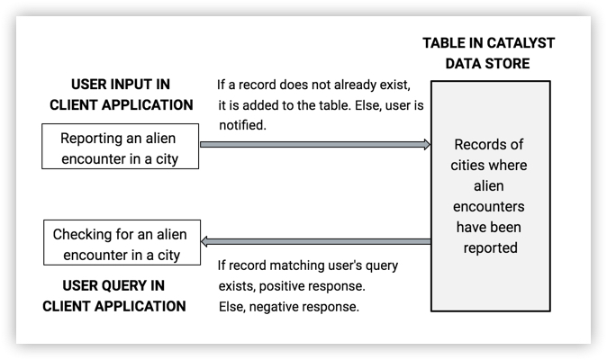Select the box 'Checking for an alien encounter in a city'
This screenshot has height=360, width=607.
(120, 244)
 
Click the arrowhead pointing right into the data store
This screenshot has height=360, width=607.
(425, 144)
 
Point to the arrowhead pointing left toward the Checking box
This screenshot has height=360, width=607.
(205, 241)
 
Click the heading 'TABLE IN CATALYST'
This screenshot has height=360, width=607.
(488, 43)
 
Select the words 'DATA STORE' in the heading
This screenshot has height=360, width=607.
(488, 64)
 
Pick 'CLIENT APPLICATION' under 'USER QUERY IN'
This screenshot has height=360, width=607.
(114, 306)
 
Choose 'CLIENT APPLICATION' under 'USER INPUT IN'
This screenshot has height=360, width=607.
(121, 104)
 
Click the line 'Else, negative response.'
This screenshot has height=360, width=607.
(289, 306)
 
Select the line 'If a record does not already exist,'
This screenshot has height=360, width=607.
(313, 85)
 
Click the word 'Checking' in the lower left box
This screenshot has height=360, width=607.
(84, 234)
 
